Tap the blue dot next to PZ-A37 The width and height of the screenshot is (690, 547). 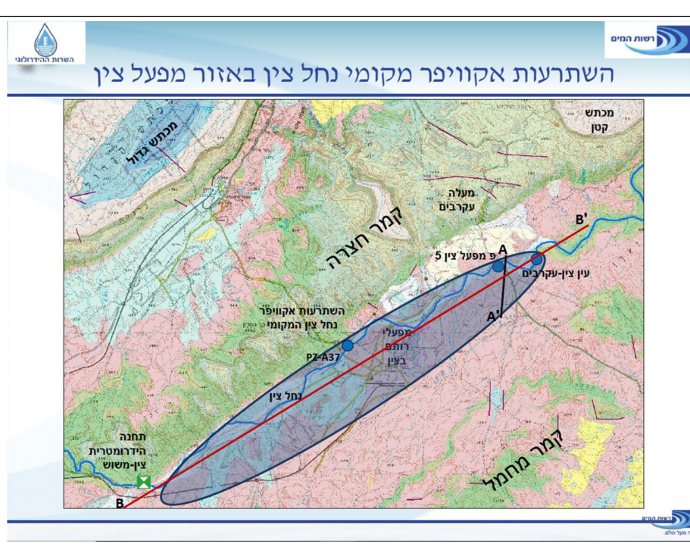tap(348, 345)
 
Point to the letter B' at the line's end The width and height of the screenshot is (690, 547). tap(582, 220)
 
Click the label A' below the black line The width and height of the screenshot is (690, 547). tap(494, 317)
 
